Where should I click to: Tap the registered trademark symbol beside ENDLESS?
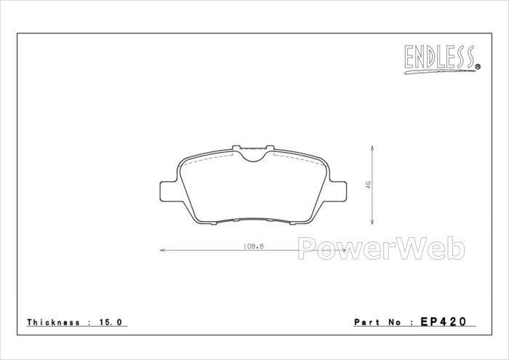tap(478, 67)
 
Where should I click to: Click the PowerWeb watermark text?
tap(381, 249)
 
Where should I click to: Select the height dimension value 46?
tap(368, 185)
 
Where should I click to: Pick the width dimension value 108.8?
tap(254, 247)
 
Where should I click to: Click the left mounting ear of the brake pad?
tap(169, 191)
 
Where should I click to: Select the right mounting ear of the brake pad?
tap(337, 191)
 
